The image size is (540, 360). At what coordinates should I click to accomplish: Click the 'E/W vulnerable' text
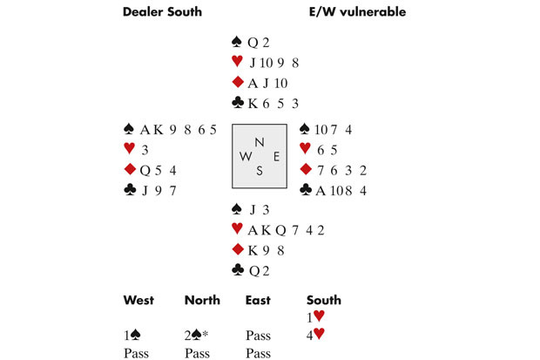click(x=357, y=12)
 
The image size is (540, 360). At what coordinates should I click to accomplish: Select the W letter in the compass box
click(x=245, y=158)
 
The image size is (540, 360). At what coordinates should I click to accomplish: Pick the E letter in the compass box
click(x=277, y=158)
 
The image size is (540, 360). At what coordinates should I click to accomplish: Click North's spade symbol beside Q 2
click(x=236, y=41)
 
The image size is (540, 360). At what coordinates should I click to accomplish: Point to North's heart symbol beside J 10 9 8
click(x=236, y=61)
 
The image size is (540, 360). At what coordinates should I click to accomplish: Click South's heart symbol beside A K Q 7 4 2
click(x=236, y=229)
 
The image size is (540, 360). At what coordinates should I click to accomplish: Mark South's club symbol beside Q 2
click(x=236, y=270)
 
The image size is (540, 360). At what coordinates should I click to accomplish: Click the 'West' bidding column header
click(x=138, y=301)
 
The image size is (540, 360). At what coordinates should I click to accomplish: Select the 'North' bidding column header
click(x=202, y=301)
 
